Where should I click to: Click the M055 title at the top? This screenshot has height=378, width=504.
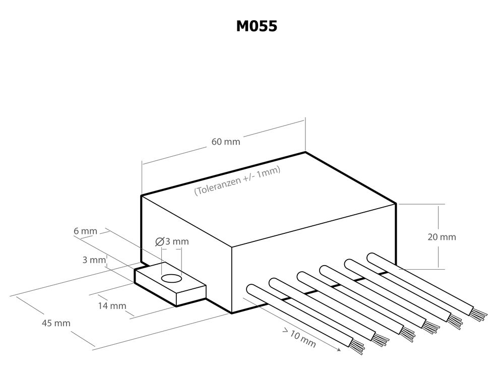257,26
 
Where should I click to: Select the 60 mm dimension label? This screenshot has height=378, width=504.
225,142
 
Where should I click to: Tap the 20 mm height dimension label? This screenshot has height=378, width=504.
442,237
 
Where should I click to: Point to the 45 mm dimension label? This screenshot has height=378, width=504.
55,323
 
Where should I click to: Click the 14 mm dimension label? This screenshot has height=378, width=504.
111,306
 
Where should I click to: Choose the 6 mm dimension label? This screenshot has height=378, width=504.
85,231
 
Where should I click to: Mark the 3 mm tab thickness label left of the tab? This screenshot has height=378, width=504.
94,260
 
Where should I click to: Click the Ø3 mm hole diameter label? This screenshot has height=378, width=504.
172,241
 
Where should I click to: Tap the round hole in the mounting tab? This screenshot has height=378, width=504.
171,279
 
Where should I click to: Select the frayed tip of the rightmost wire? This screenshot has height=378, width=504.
479,314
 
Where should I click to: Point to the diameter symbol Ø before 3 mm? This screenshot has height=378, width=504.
160,241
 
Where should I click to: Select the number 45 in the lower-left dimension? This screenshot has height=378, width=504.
46,323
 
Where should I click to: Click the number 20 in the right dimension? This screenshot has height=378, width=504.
433,237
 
